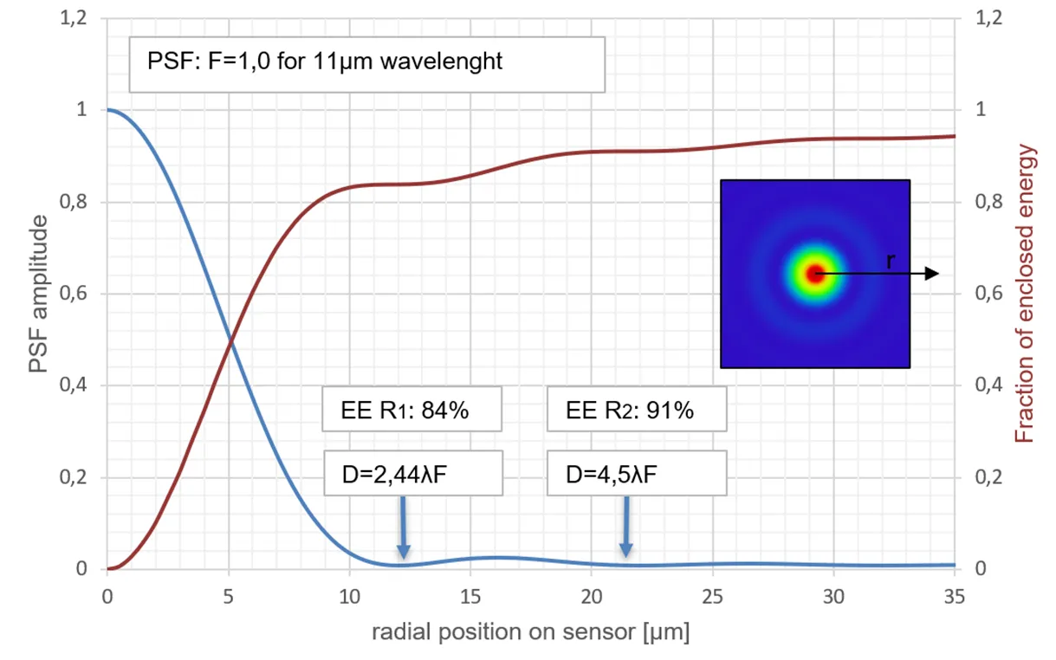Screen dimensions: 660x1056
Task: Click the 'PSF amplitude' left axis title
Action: pyautogui.click(x=39, y=294)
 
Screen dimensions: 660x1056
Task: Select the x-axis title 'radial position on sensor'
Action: pyautogui.click(x=531, y=633)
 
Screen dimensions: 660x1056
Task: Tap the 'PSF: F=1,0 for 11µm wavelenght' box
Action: pyautogui.click(x=366, y=63)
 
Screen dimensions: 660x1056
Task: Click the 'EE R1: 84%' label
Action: pyautogui.click(x=411, y=411)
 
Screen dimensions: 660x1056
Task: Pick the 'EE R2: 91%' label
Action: pyautogui.click(x=637, y=411)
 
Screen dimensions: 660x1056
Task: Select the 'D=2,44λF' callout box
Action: pyautogui.click(x=412, y=473)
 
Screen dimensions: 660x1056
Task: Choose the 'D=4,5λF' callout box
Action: pyautogui.click(x=636, y=473)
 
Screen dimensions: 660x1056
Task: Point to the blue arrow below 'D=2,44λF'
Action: pyautogui.click(x=403, y=528)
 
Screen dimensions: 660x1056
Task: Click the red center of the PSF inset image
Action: pyautogui.click(x=814, y=274)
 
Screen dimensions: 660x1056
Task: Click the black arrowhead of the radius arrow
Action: pyautogui.click(x=931, y=274)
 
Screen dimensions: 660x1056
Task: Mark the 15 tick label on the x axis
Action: pyautogui.click(x=470, y=597)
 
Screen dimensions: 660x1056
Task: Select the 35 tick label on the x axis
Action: pyautogui.click(x=954, y=597)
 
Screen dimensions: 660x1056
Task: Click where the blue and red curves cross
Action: pyautogui.click(x=230, y=341)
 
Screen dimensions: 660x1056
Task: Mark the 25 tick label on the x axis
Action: pyautogui.click(x=712, y=597)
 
